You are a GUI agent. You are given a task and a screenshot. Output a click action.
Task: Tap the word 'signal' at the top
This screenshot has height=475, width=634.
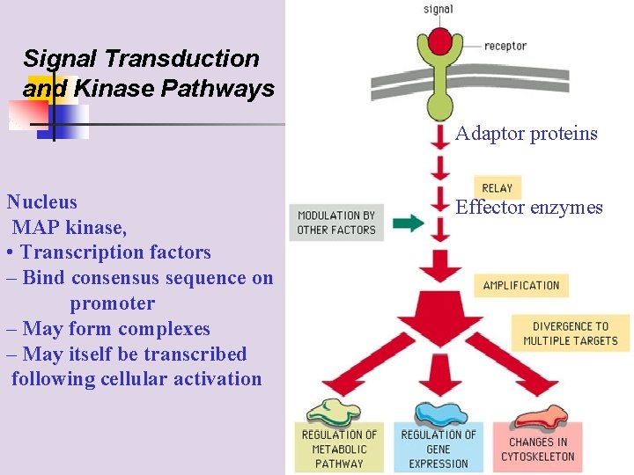[438, 10]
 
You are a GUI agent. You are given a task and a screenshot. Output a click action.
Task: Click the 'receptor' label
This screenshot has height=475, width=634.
[505, 45]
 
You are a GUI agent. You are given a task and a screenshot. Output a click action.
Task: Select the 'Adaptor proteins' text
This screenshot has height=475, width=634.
[527, 134]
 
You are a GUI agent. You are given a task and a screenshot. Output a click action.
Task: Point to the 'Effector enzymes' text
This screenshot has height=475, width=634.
[528, 208]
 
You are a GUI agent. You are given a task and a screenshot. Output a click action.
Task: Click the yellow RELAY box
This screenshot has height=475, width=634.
[497, 187]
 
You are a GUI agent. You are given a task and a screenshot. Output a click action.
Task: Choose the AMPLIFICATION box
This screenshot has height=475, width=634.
[521, 285]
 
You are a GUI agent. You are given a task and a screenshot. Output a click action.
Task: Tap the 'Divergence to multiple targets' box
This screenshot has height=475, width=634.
[571, 333]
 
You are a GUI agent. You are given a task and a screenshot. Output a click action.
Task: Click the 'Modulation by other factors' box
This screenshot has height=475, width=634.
[335, 223]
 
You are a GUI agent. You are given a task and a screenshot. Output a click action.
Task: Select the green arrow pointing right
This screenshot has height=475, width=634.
[407, 223]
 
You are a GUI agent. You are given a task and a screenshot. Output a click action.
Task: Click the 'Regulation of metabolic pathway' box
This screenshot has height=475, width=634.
[339, 449]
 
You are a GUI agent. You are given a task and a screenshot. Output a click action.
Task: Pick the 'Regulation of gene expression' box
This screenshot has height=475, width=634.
[439, 449]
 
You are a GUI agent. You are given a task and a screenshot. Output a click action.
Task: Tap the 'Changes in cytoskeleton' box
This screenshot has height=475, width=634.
[537, 449]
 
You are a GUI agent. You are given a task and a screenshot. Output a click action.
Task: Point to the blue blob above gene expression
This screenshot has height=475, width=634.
[440, 412]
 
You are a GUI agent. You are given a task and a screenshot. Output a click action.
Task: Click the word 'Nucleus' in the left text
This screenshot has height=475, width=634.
[41, 201]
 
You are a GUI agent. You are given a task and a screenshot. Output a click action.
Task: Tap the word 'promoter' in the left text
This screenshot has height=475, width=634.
[112, 303]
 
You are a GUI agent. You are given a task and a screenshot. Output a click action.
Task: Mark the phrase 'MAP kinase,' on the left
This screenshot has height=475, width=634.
[70, 227]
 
